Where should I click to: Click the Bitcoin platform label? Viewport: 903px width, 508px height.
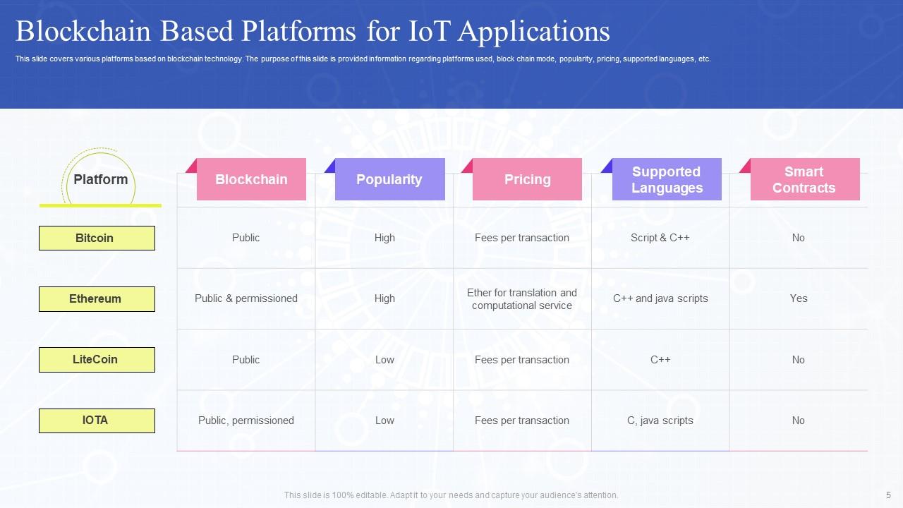click(x=97, y=238)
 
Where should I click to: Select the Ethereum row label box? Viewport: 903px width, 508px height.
click(x=97, y=298)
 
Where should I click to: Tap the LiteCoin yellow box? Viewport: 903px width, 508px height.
click(x=97, y=359)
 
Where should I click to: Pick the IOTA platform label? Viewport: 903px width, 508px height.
click(x=97, y=420)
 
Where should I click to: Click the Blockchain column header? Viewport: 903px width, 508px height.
click(x=251, y=179)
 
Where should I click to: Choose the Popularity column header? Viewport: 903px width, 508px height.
click(x=389, y=179)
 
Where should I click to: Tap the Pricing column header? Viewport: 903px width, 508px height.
click(x=527, y=179)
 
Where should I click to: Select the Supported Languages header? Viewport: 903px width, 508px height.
click(x=666, y=179)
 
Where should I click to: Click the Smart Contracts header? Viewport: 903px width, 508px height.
click(x=804, y=179)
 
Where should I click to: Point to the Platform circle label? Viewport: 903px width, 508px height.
click(x=100, y=179)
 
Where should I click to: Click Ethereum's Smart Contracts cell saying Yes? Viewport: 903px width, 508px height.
click(x=799, y=298)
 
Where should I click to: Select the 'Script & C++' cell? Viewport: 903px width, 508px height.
click(x=660, y=238)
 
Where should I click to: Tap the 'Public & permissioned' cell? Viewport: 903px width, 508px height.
click(x=246, y=298)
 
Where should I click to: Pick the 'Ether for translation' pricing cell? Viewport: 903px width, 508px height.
click(x=522, y=298)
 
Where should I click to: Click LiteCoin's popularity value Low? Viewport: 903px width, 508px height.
click(x=384, y=360)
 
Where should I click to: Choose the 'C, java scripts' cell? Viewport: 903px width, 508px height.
click(x=660, y=421)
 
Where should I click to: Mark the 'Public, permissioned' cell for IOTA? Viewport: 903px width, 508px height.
click(x=246, y=421)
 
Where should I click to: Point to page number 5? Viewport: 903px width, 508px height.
click(x=888, y=495)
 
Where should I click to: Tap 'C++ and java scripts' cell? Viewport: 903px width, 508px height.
click(x=660, y=298)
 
